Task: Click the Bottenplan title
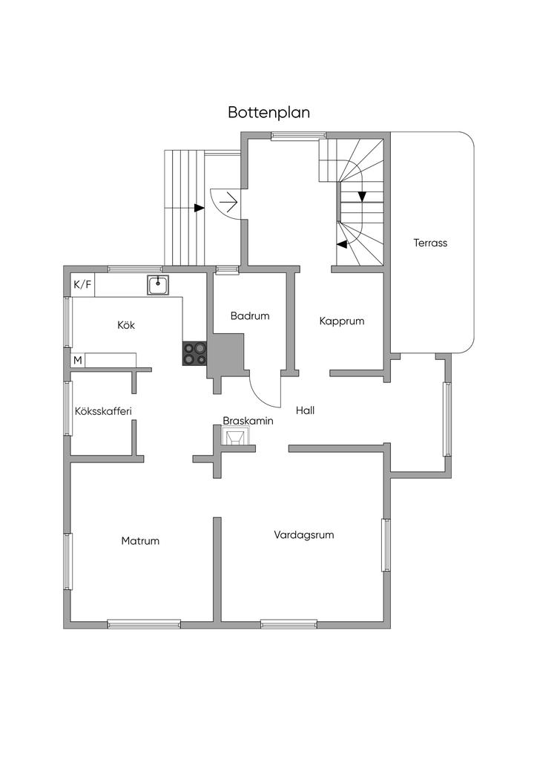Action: click(268, 113)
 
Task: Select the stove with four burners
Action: click(194, 353)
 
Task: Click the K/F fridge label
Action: click(82, 284)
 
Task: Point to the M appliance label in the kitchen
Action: click(77, 361)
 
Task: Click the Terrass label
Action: click(430, 243)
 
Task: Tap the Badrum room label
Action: click(250, 316)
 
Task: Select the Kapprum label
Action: click(342, 321)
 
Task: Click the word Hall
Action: click(305, 410)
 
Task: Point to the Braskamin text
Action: click(248, 421)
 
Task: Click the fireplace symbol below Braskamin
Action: click(235, 436)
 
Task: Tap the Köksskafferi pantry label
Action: click(103, 411)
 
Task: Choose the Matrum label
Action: click(140, 541)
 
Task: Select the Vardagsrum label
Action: click(304, 535)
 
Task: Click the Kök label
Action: click(126, 325)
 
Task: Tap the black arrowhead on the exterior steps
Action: click(199, 208)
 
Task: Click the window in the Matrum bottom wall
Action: click(144, 623)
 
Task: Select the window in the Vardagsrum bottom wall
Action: click(289, 623)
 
